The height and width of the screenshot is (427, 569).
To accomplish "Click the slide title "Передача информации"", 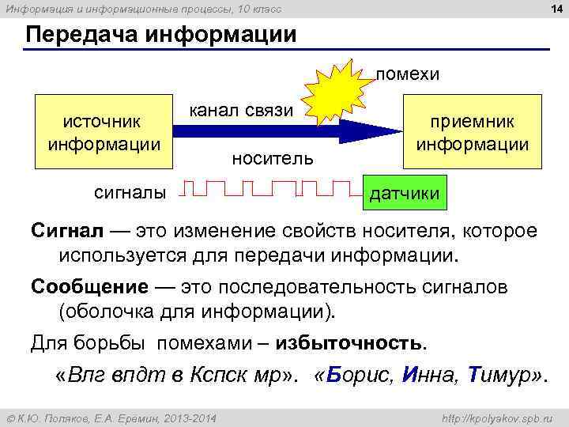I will click(x=161, y=36).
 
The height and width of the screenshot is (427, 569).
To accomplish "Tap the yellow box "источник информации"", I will click(x=104, y=133).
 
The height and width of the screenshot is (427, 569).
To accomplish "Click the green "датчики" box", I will click(x=405, y=192).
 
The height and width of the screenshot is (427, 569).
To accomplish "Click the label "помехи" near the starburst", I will click(x=407, y=74).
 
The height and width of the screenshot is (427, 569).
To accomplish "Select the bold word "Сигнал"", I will click(x=67, y=231).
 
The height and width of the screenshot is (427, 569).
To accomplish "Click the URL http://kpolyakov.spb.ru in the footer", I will click(x=497, y=417).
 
